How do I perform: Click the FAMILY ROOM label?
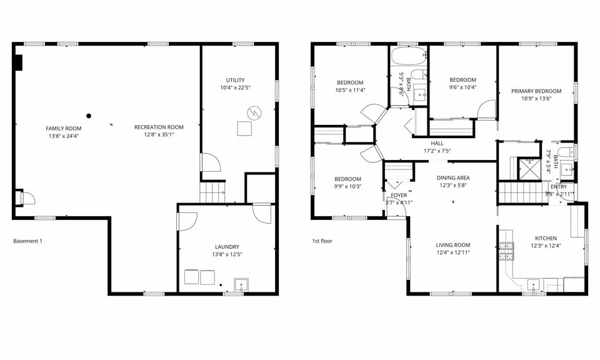(64, 128)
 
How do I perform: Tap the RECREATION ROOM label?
(159, 127)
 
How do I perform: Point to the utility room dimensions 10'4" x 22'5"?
(235, 87)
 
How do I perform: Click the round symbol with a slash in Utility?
(254, 113)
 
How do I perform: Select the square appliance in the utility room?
(244, 129)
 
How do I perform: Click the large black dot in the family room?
(89, 116)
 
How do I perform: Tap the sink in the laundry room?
(241, 286)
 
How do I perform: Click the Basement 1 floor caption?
(27, 241)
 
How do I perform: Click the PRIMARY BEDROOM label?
(536, 91)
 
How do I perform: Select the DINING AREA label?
(453, 177)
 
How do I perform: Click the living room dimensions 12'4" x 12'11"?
(453, 252)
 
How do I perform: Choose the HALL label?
(437, 143)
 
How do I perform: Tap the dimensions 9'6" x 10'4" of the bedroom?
(463, 87)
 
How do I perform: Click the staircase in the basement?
(212, 191)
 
